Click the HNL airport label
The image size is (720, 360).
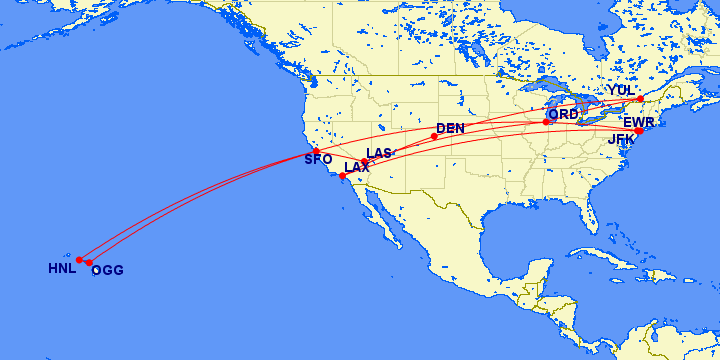(x=62, y=269)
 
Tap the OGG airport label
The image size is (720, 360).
(x=107, y=270)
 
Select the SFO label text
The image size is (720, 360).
(x=318, y=160)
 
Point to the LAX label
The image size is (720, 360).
(x=357, y=167)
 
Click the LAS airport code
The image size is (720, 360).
(x=379, y=153)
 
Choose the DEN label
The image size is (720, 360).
(x=451, y=128)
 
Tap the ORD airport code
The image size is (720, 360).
(x=563, y=114)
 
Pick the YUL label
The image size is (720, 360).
(x=621, y=90)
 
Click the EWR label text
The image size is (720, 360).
(x=638, y=122)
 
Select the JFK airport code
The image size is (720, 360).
(x=622, y=139)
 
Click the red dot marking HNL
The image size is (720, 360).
(x=79, y=260)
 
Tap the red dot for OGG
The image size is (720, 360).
(x=89, y=263)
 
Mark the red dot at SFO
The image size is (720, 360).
(x=316, y=151)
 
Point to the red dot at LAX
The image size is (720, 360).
(x=343, y=176)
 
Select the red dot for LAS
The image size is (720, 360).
(x=365, y=162)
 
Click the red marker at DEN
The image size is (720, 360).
(x=434, y=137)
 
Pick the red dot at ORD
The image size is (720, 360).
(x=547, y=122)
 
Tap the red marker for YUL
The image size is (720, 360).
(x=641, y=98)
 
